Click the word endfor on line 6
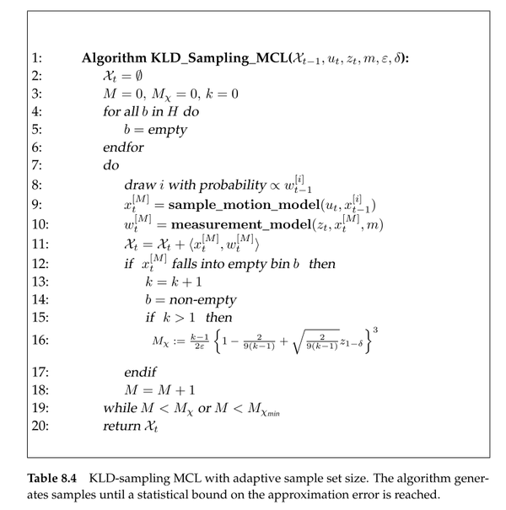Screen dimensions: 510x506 pos(122,148)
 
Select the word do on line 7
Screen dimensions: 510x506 pos(111,165)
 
